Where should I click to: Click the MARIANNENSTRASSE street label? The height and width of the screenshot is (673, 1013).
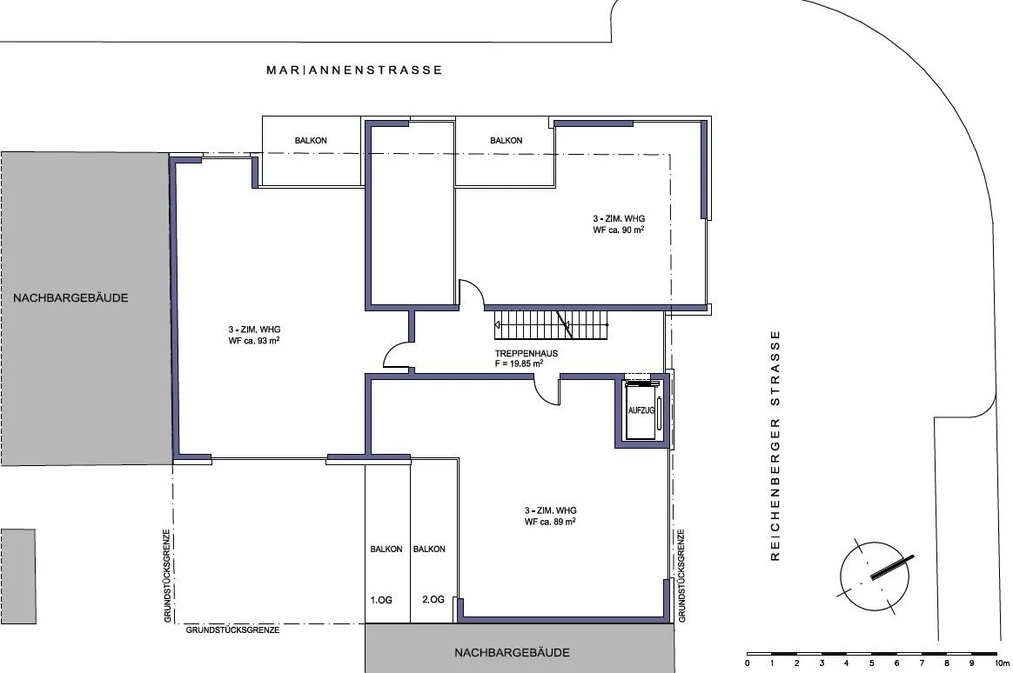coord(354,70)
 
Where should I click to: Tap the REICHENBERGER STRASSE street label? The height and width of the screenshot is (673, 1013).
coord(775,445)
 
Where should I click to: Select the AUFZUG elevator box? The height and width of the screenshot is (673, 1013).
coord(641,411)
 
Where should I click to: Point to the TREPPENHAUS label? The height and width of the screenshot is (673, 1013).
coord(526,354)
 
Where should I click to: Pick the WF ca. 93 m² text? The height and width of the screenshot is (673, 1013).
coord(253,341)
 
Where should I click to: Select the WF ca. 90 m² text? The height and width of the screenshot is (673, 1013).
coord(618,230)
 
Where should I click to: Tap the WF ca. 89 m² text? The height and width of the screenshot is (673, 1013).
coord(550,522)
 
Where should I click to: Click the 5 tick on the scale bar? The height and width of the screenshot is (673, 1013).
coord(872,663)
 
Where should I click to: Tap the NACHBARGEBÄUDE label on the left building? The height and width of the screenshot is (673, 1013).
coord(70,298)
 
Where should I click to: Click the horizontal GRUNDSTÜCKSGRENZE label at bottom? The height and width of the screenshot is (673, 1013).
coord(233,630)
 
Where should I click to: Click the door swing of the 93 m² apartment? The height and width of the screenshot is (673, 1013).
coord(396,356)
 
